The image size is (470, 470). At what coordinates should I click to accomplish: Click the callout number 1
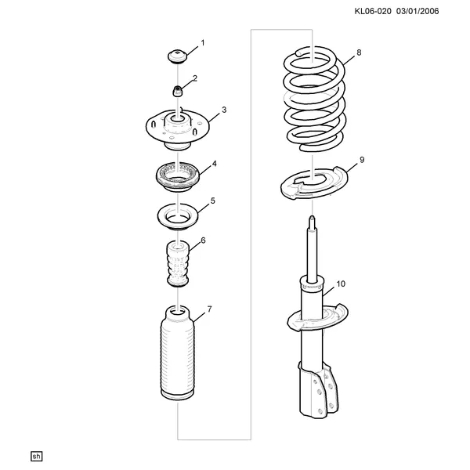click(203, 43)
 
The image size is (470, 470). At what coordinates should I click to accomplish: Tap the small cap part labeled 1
click(177, 57)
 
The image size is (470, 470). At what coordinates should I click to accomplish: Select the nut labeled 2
click(177, 91)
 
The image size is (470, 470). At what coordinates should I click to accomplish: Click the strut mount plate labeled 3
click(178, 129)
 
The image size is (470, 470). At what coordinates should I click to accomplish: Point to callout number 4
click(215, 164)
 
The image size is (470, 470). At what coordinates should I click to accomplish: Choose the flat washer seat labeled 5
click(178, 218)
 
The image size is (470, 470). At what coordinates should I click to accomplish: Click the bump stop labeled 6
click(178, 264)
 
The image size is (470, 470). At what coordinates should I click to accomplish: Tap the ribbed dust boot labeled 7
click(178, 354)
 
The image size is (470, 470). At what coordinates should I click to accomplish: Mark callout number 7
click(209, 309)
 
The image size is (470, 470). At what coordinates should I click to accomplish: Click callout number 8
click(359, 52)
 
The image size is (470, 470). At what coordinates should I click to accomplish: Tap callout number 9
click(362, 160)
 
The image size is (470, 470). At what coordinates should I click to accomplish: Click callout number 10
click(341, 284)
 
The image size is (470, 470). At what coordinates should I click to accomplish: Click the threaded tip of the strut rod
click(312, 222)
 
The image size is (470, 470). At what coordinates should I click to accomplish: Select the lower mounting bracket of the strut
click(318, 389)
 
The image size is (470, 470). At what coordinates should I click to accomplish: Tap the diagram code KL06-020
click(373, 12)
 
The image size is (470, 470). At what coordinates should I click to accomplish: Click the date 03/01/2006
click(418, 12)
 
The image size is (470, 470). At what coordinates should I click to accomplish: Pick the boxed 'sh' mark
click(36, 456)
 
